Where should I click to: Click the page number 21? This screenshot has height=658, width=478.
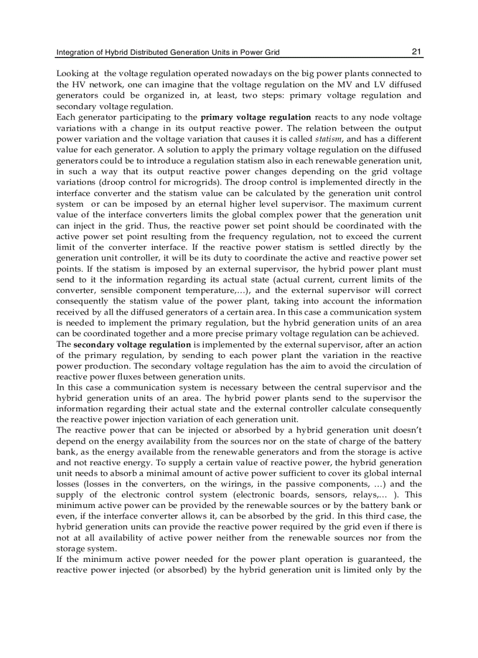(x=416, y=52)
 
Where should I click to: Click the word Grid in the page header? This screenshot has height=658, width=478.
(x=271, y=53)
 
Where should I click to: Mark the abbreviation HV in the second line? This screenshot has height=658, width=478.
(x=78, y=85)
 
